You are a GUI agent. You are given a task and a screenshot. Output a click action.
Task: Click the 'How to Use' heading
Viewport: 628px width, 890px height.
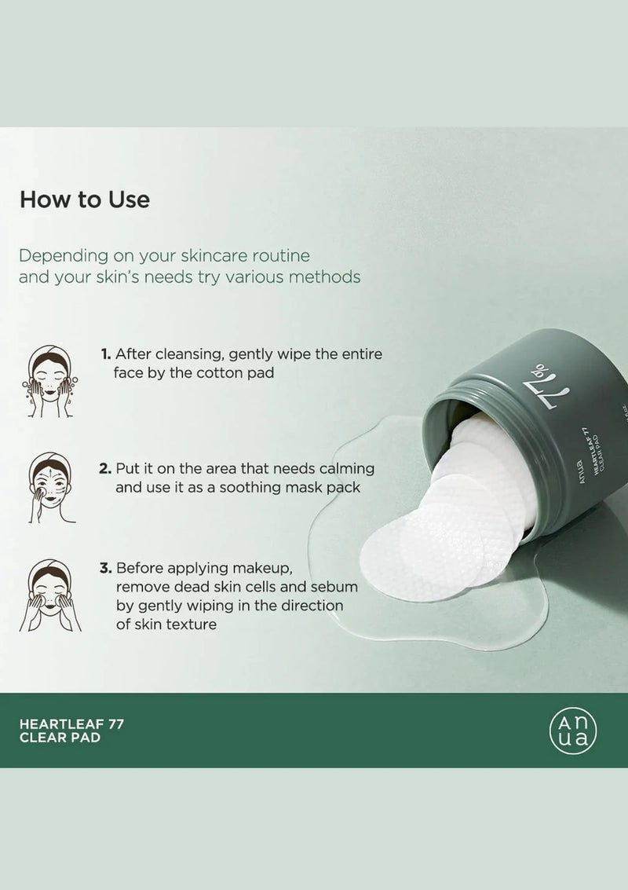(x=85, y=200)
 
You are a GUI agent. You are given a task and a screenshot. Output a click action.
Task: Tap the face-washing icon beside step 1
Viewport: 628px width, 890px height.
(x=50, y=382)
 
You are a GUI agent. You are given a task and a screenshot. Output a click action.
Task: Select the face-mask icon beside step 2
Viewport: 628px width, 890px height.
(x=50, y=488)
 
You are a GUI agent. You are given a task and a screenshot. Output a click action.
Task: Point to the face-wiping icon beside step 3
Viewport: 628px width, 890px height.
(x=50, y=595)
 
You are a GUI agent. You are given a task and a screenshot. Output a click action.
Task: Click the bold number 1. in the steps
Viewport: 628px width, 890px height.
(x=105, y=354)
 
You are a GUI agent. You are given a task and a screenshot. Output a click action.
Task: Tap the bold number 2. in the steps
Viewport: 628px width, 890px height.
(x=105, y=468)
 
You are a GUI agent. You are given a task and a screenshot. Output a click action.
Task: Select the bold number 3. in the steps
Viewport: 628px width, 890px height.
(x=105, y=568)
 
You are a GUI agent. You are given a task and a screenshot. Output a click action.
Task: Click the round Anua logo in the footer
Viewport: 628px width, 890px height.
(x=572, y=730)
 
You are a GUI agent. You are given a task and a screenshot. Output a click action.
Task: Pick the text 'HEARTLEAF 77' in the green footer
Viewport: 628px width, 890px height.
(x=71, y=723)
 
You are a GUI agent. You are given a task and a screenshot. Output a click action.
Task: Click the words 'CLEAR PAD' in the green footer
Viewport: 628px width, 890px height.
(x=60, y=738)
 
